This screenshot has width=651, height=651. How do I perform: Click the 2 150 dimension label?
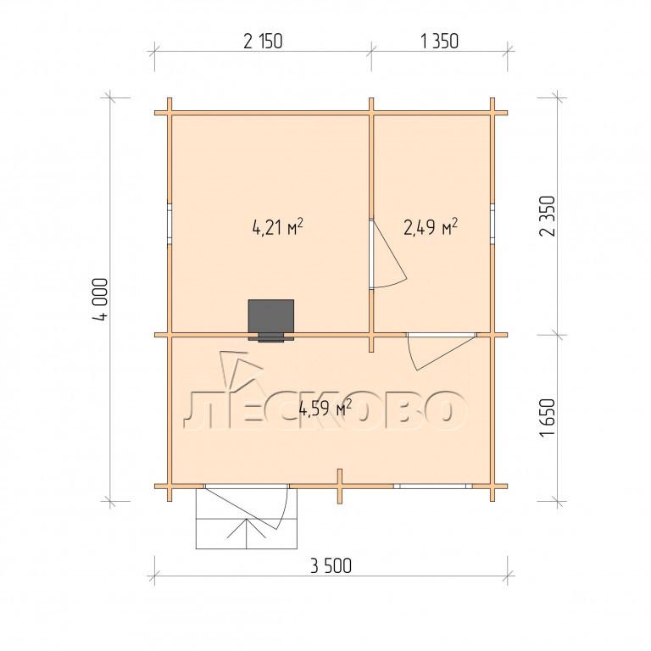coord(263,42)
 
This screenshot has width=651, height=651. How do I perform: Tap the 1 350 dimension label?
coord(439,42)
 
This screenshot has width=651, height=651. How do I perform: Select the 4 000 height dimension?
coord(101,298)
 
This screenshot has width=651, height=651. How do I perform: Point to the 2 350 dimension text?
coord(547,216)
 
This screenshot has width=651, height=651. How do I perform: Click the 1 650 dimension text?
coord(547,417)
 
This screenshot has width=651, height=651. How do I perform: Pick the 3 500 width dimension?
coord(331,566)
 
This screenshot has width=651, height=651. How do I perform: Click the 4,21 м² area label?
coord(277,227)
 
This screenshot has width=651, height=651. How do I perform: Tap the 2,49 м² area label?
coord(431,227)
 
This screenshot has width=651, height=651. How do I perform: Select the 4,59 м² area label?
coord(325,409)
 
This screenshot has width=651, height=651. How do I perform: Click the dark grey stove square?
coord(271,318)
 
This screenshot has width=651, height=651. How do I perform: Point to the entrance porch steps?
coord(247,518)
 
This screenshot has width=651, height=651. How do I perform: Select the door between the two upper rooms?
coord(388,254)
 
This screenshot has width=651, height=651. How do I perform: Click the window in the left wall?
coord(170,224)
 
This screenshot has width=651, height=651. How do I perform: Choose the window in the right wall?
coord(492,224)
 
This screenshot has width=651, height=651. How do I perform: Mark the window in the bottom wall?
coord(433,486)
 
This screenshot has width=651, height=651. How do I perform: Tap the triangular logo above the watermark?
coord(241,370)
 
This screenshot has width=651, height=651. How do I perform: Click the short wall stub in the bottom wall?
coord(340,487)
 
